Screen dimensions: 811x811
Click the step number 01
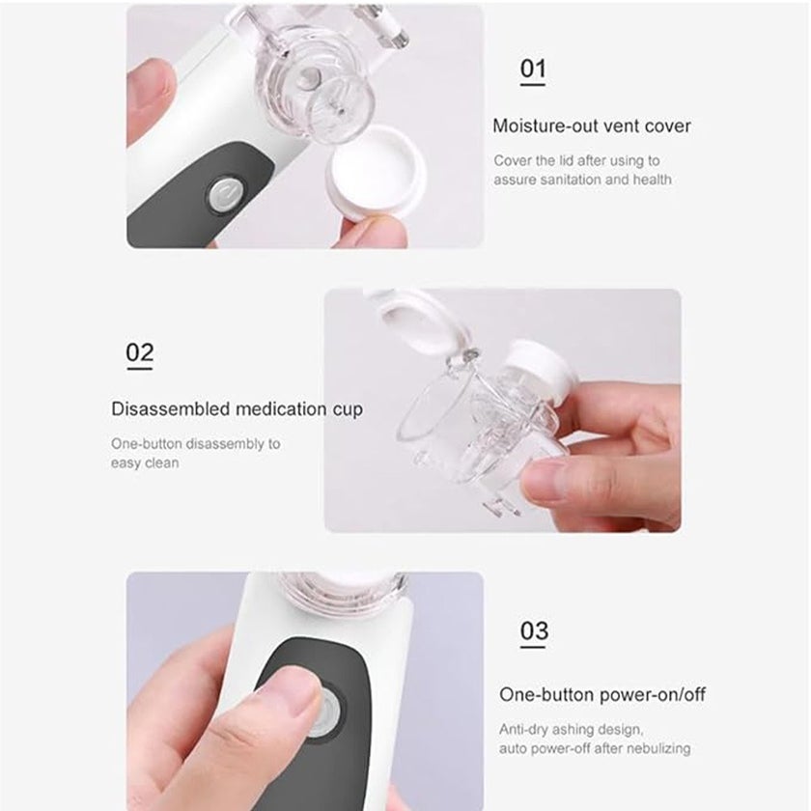(x=533, y=70)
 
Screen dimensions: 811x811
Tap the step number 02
(x=139, y=353)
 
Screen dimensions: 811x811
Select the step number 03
(x=534, y=631)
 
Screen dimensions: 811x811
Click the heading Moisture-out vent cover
(x=592, y=126)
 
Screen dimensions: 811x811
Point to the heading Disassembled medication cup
(x=237, y=409)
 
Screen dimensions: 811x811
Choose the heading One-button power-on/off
(x=602, y=695)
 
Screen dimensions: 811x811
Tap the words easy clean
(x=145, y=463)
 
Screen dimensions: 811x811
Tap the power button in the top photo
(x=225, y=193)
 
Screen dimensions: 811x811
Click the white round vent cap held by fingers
(x=376, y=180)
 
